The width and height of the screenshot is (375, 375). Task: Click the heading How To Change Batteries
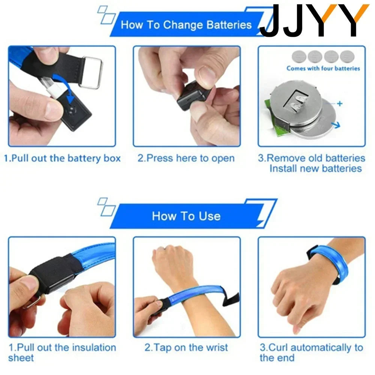click(186, 25)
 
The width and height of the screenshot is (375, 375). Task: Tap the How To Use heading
click(186, 216)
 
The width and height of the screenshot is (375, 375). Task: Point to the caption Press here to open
click(186, 158)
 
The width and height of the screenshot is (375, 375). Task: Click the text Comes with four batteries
click(323, 68)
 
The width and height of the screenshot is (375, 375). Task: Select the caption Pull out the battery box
click(62, 158)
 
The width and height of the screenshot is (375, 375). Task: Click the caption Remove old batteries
click(311, 158)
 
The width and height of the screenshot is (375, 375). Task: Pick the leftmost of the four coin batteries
click(299, 57)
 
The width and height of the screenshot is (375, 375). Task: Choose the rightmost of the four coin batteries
click(347, 57)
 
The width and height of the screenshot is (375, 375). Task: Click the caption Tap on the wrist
click(186, 348)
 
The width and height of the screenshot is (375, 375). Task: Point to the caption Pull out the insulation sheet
click(62, 352)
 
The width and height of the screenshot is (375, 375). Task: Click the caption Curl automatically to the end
click(311, 352)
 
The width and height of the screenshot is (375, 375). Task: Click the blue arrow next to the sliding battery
click(336, 124)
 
